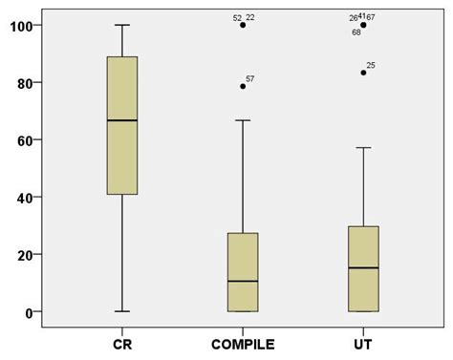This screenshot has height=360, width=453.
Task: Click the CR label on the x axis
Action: (122, 341)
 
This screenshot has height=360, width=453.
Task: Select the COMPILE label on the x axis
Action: (243, 341)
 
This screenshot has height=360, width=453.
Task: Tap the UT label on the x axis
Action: (363, 341)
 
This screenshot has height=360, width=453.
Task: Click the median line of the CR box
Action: (122, 120)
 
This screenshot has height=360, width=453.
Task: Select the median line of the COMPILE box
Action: (243, 281)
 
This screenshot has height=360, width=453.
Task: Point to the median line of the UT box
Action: (363, 268)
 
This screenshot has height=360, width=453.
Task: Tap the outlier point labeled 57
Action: (243, 86)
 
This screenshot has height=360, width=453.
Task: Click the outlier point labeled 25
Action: (363, 73)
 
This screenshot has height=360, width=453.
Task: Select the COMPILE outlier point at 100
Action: (243, 25)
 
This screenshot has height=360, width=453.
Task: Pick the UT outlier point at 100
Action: (363, 25)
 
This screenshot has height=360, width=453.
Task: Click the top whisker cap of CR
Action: (122, 25)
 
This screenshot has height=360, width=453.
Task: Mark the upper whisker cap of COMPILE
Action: (243, 120)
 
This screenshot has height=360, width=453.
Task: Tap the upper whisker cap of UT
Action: (363, 148)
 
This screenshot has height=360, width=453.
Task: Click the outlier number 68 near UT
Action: (356, 32)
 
